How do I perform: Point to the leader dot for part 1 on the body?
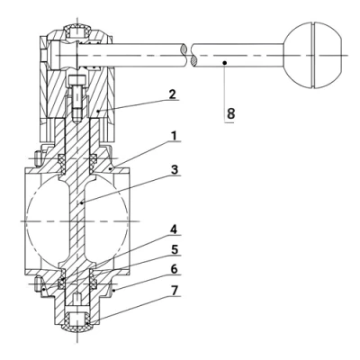[x=109, y=166]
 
